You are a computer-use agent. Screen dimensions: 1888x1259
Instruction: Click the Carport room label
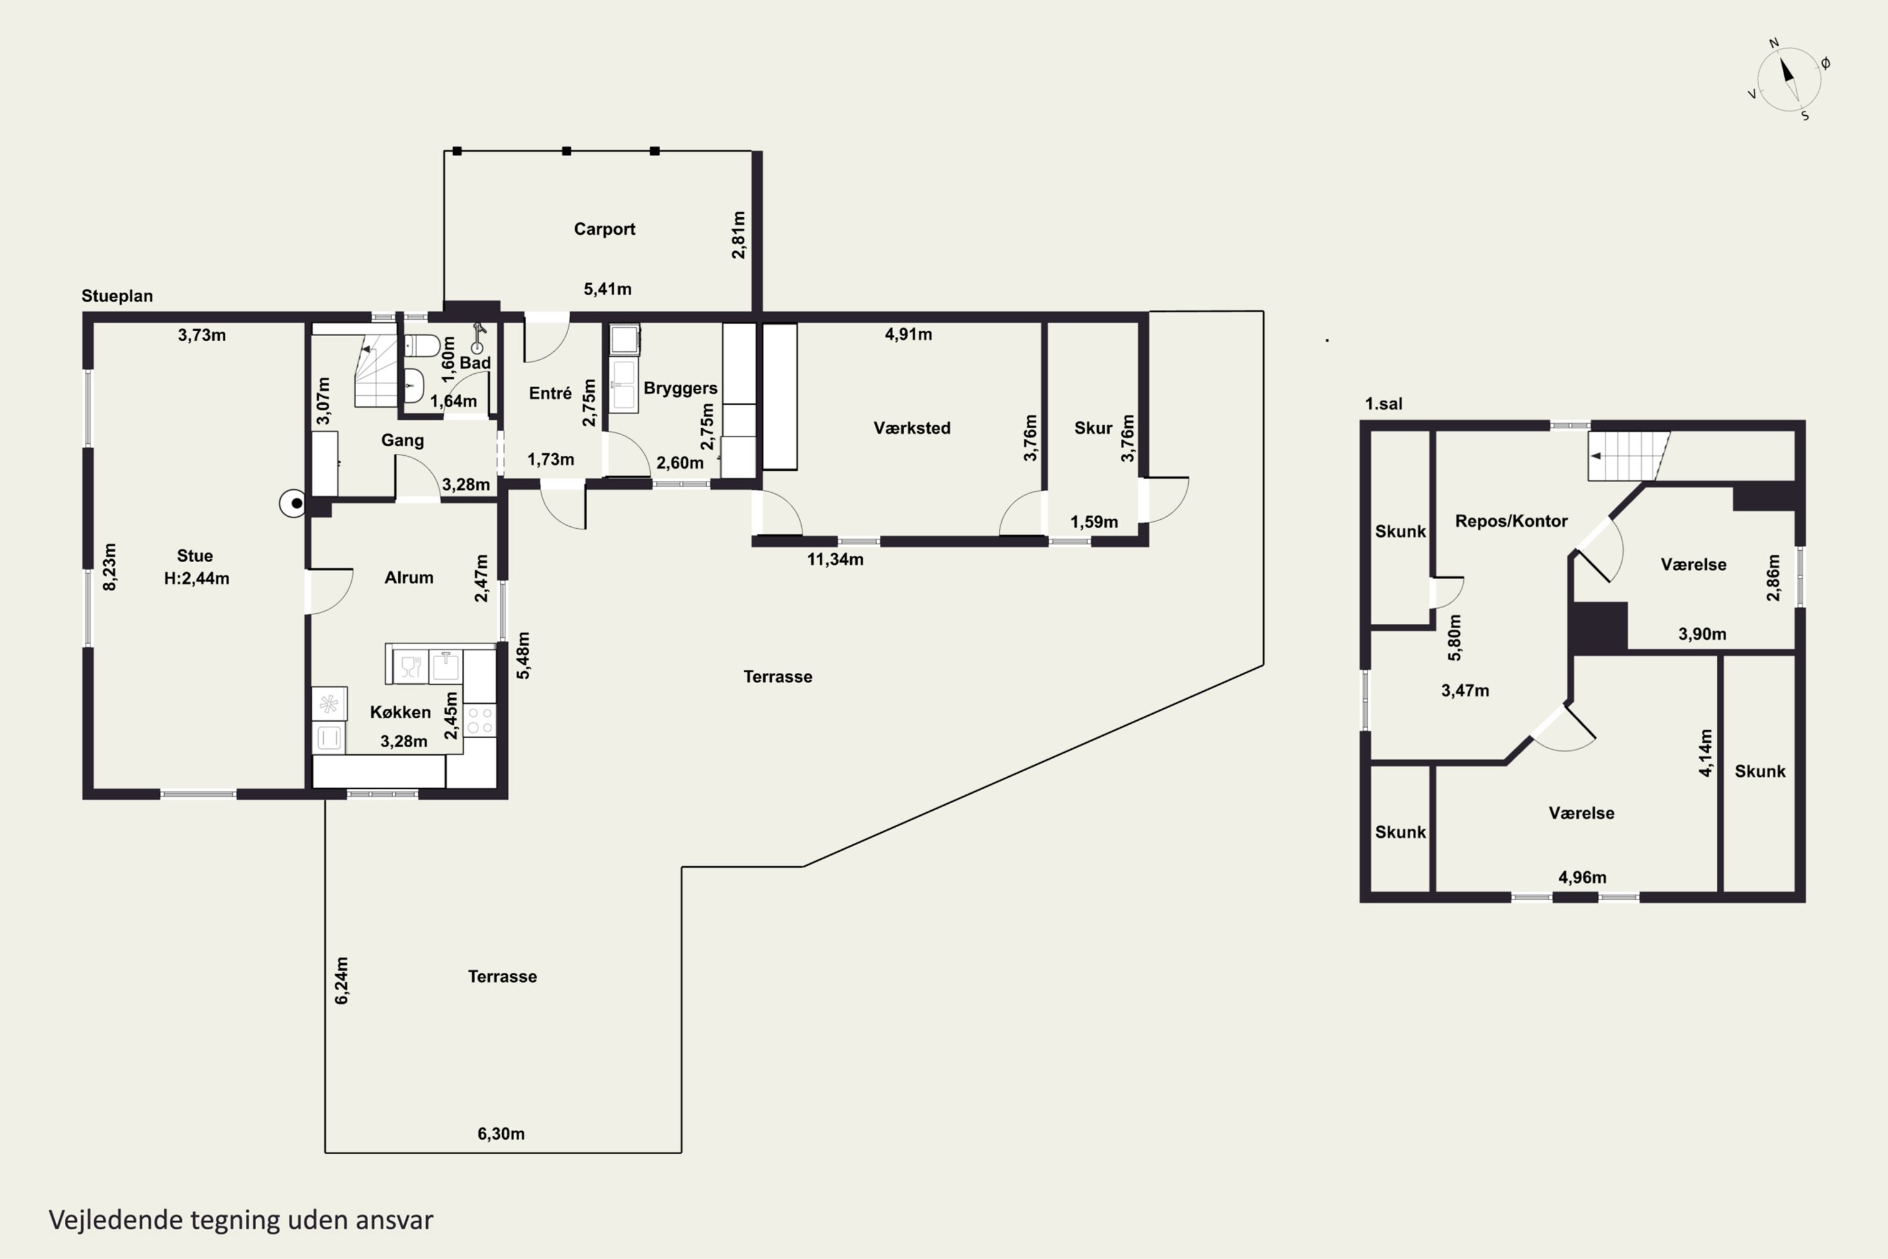point(604,229)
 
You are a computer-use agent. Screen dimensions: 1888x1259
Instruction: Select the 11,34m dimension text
point(835,559)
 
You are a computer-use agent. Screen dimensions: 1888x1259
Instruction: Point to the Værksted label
point(912,428)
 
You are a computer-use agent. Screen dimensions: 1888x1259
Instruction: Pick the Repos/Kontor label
point(1512,521)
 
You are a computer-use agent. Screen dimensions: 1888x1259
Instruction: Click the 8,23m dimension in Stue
point(110,567)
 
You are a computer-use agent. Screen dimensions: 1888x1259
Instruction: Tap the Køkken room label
point(400,712)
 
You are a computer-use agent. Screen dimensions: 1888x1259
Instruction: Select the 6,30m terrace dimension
point(501,1134)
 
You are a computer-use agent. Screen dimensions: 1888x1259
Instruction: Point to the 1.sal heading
point(1384,404)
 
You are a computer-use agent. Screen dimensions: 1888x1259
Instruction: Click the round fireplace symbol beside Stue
point(293,504)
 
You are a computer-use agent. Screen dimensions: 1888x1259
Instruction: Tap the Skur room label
point(1093,428)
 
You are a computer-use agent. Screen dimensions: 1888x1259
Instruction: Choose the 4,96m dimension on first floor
point(1582,878)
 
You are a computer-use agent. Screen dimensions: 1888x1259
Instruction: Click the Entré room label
point(550,393)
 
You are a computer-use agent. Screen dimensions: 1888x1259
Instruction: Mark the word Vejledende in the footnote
point(116,1220)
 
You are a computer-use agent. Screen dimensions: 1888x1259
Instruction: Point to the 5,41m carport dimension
point(608,289)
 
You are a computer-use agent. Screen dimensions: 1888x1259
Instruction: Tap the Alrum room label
point(408,577)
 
